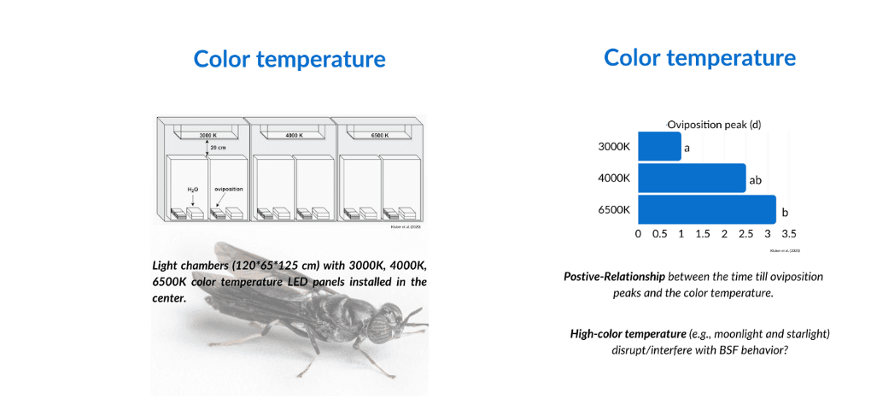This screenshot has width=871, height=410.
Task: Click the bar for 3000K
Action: coord(659,146)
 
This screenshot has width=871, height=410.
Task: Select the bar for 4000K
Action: coord(692,179)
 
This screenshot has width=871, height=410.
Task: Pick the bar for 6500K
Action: coord(706,210)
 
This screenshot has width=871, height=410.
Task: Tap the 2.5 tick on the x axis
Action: coord(745,233)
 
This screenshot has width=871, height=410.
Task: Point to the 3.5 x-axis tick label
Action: coord(788,233)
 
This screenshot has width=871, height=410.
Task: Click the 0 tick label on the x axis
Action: coord(639,233)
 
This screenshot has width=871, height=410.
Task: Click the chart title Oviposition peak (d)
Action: coord(714,124)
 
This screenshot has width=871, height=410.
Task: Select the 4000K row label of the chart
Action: coord(614,179)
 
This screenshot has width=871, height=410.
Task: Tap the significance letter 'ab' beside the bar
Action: coord(755,180)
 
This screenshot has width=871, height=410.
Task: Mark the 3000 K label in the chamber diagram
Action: coord(209,136)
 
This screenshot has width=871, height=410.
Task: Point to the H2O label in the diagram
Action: coord(193,189)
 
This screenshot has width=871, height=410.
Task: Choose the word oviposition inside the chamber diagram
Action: coord(229,189)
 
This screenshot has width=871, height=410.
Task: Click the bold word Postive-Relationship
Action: coord(614,277)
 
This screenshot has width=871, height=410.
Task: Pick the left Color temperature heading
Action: coord(289,59)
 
